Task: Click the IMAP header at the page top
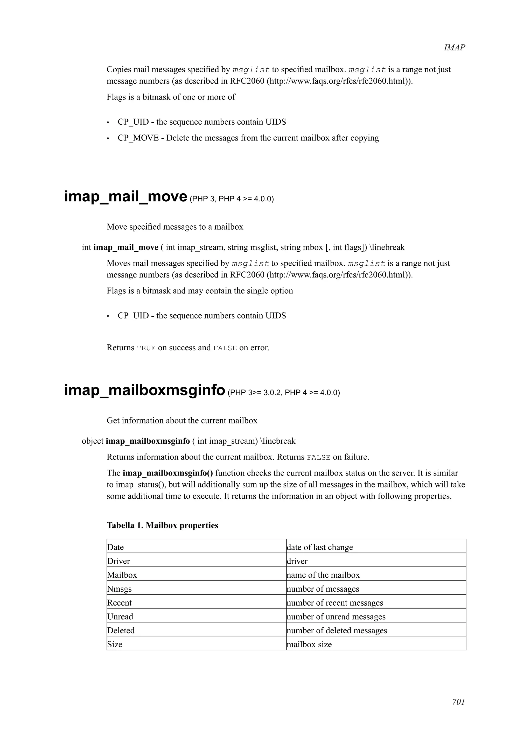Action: coord(454,48)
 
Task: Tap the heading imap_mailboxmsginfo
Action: coord(145,390)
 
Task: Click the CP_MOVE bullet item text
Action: coord(248,138)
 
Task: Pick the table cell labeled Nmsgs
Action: coord(120,589)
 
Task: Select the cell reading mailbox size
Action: coord(309,644)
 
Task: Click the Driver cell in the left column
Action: coord(118,561)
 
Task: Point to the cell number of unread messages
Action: coord(336,617)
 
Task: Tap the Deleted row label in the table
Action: coord(121,631)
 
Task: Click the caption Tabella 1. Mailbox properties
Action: coord(162,526)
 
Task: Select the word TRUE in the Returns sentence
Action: coord(146,348)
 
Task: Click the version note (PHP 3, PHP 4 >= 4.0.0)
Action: coord(232,199)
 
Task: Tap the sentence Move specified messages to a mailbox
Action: coord(175,227)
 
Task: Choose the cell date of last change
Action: coord(320,547)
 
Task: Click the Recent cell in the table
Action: coord(120,603)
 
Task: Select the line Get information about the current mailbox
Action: coord(182,421)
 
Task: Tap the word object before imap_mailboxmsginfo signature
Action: coord(93,441)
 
